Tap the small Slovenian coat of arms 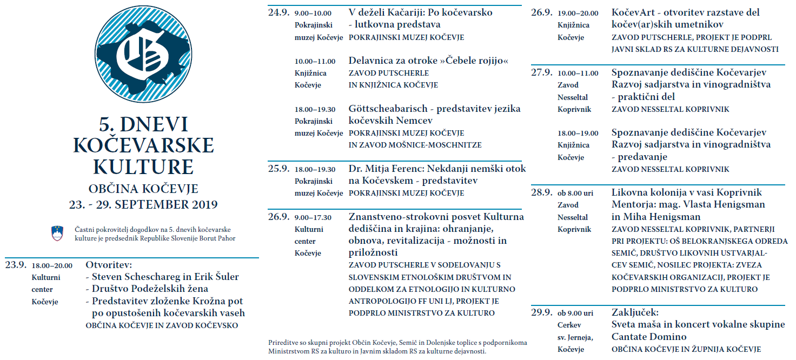[57, 233]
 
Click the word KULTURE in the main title [144, 166]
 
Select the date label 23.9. [16, 265]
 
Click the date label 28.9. [542, 193]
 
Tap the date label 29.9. [542, 313]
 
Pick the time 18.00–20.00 [52, 266]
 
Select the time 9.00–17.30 [313, 218]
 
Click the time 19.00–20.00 [578, 14]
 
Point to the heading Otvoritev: [109, 265]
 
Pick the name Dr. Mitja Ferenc [387, 169]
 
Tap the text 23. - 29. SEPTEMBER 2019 [144, 205]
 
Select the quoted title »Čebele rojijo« [475, 61]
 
